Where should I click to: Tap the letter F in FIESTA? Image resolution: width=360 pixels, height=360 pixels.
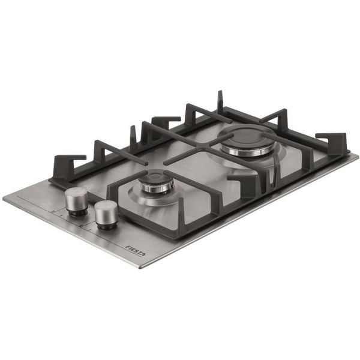[127, 247]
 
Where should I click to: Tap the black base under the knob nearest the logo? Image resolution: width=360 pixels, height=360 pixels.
[106, 227]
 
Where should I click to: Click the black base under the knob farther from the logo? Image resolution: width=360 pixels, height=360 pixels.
[78, 213]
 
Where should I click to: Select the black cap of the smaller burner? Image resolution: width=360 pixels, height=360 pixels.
[157, 175]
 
